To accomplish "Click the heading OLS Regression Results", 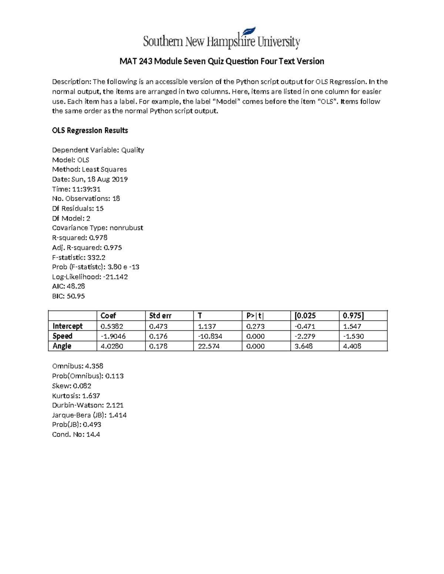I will tap(90, 130).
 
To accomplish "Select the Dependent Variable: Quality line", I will tap(98, 150).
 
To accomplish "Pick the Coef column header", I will tap(108, 316).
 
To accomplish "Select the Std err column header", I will tap(160, 316).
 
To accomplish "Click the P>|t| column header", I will tap(255, 316).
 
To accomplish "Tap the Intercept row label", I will tap(67, 326).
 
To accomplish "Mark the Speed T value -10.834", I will tap(210, 336).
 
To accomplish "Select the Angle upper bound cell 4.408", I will tap(352, 346).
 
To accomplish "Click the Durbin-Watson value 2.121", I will tap(115, 405).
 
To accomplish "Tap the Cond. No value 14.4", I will tap(93, 435).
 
